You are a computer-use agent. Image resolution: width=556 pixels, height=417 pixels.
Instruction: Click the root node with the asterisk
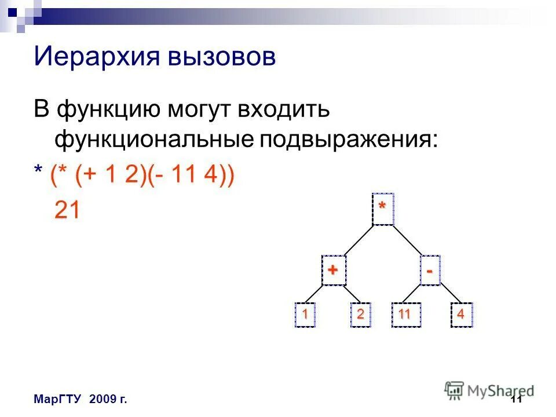coord(383,209)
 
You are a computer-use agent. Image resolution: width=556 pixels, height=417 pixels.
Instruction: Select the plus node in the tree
coord(334,270)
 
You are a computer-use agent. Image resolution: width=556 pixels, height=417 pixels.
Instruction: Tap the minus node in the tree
coord(429,270)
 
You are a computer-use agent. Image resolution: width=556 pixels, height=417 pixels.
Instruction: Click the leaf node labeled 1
coord(305,315)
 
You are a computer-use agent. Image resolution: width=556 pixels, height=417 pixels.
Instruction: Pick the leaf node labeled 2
coord(360,315)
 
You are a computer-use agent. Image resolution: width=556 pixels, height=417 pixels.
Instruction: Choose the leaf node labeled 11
coord(404,315)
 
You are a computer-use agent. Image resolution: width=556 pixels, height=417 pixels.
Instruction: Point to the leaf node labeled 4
coord(461,315)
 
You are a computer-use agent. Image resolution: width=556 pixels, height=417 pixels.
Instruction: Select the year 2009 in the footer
coord(101,400)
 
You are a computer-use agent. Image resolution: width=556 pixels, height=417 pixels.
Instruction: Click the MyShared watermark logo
coord(489,390)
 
